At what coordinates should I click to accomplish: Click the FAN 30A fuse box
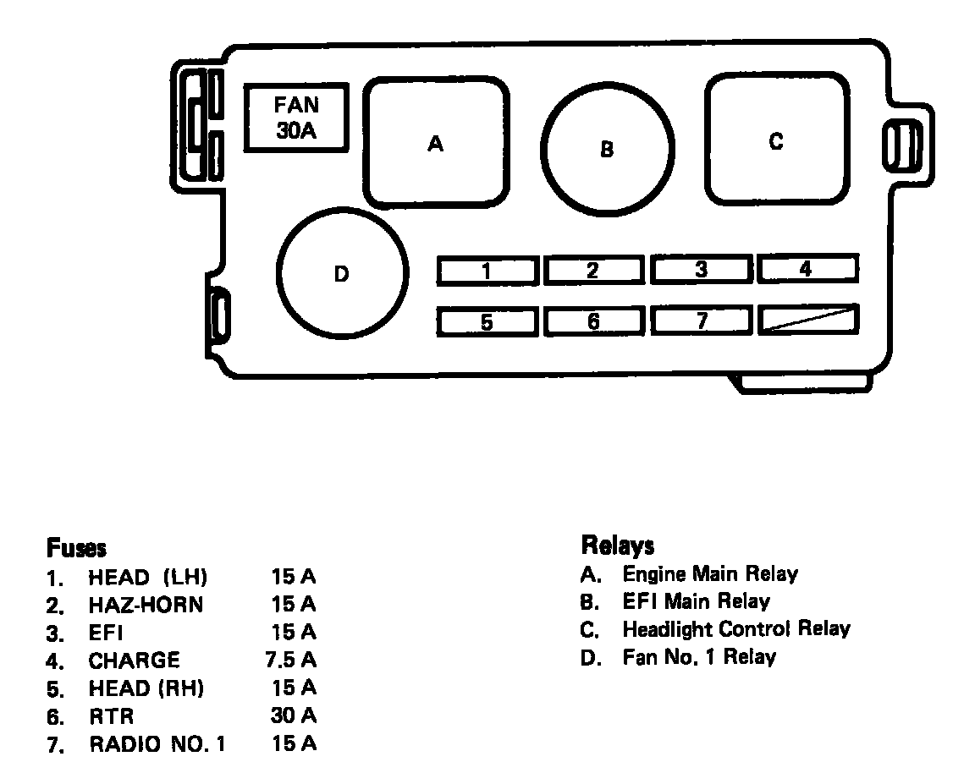(296, 118)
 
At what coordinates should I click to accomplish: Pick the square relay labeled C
(776, 140)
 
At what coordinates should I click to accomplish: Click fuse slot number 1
(487, 271)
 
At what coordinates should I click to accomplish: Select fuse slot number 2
(594, 271)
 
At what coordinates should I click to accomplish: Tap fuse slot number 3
(701, 270)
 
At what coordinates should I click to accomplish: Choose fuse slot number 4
(807, 269)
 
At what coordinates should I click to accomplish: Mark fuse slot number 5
(487, 322)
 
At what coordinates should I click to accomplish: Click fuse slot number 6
(594, 321)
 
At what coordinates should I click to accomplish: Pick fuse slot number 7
(701, 321)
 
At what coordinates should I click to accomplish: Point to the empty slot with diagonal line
(808, 320)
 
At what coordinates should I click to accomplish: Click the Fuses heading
(76, 548)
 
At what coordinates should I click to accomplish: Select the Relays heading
(618, 545)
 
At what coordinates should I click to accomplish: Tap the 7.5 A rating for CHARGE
(289, 660)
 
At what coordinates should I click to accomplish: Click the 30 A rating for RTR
(293, 715)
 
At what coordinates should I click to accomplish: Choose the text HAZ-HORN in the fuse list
(146, 605)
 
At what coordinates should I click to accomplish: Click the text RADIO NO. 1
(157, 744)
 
